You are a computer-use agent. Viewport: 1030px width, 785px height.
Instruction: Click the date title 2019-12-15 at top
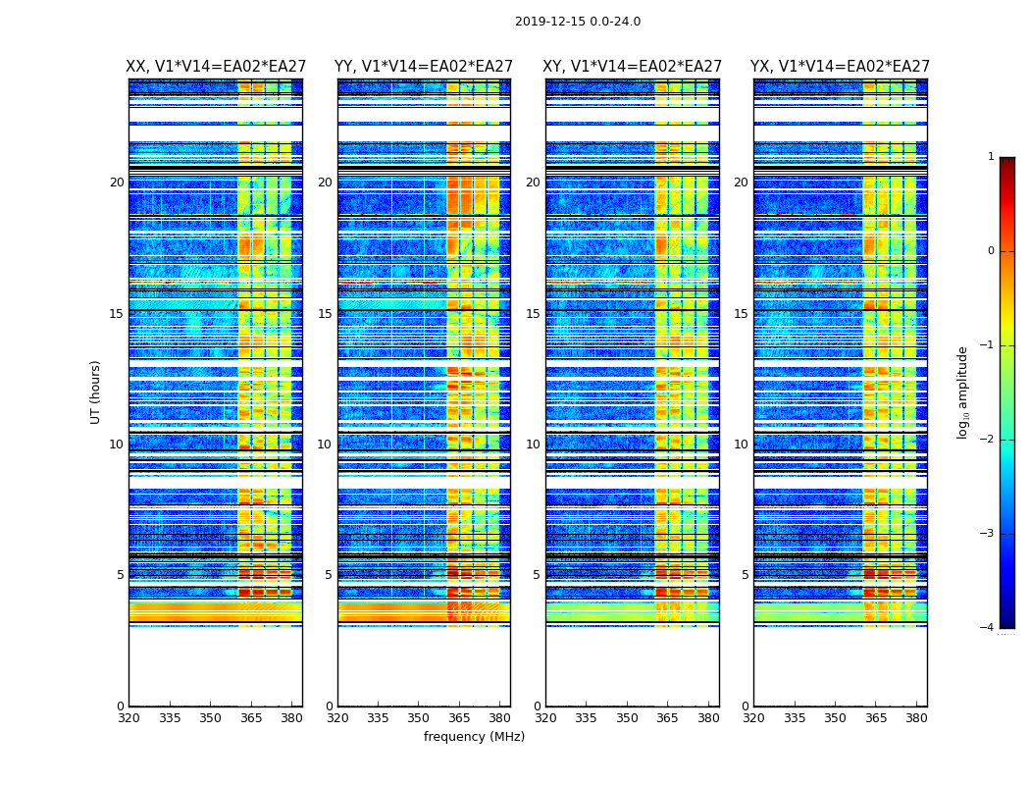(577, 22)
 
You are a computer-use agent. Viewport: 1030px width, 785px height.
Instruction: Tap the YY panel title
(424, 67)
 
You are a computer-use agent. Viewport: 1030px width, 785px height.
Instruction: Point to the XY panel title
(633, 67)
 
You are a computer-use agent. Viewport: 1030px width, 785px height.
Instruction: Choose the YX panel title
(840, 67)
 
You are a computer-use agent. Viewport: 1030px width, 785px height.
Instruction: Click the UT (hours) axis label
(95, 392)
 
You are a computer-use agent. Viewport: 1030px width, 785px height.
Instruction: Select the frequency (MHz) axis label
(474, 737)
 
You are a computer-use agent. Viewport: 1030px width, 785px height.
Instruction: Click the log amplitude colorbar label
(962, 392)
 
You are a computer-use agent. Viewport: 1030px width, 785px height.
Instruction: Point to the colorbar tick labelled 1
(991, 157)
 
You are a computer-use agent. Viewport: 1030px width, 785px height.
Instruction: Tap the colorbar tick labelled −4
(988, 628)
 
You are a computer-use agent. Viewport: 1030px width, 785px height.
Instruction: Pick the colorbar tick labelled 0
(991, 251)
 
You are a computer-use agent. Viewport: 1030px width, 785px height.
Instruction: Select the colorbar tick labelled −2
(988, 440)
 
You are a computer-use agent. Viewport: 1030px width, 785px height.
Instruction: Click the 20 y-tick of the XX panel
(117, 183)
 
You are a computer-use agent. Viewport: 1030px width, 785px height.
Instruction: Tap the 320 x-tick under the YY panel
(337, 717)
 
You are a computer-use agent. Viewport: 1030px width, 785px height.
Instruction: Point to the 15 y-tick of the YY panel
(325, 314)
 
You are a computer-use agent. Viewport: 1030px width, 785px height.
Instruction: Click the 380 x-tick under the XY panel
(708, 717)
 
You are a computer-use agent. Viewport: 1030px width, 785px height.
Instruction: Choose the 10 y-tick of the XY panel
(533, 445)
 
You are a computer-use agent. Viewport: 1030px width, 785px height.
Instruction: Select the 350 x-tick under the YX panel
(835, 717)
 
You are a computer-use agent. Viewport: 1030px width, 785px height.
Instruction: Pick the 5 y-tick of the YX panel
(745, 575)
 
